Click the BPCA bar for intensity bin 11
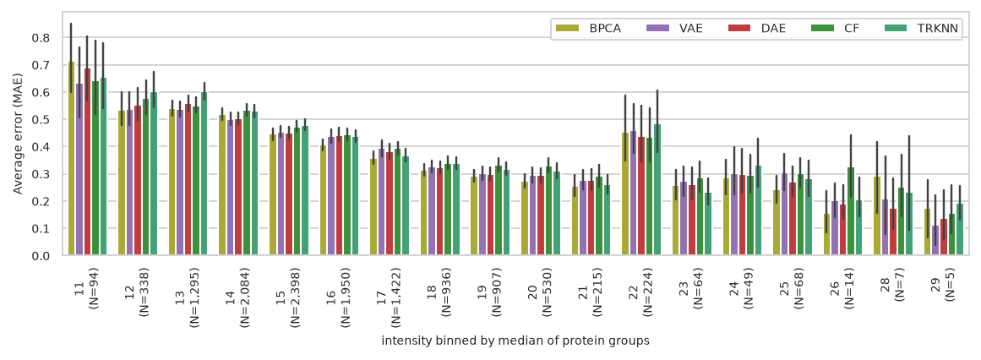[71, 158]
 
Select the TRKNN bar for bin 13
[204, 174]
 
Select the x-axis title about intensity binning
[515, 341]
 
